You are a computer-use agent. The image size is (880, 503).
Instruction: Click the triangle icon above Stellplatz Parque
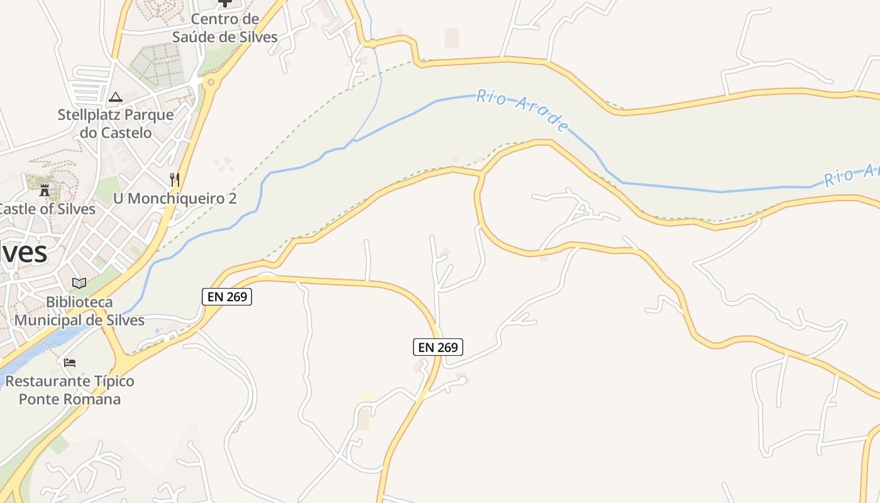pyautogui.click(x=115, y=97)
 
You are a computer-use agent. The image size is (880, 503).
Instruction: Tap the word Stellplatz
pyautogui.click(x=89, y=115)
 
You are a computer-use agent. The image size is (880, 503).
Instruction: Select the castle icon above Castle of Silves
pyautogui.click(x=45, y=190)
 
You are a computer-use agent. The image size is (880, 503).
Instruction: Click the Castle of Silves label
pyautogui.click(x=48, y=209)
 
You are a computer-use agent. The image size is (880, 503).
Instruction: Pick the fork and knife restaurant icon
pyautogui.click(x=175, y=180)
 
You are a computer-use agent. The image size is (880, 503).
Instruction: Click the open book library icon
pyautogui.click(x=79, y=284)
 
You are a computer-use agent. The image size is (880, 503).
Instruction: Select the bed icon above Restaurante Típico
pyautogui.click(x=70, y=363)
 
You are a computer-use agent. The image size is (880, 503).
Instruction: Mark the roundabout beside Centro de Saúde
pyautogui.click(x=211, y=81)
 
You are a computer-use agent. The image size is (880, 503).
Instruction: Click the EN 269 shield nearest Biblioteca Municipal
pyautogui.click(x=227, y=297)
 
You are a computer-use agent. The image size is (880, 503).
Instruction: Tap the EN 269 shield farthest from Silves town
pyautogui.click(x=438, y=346)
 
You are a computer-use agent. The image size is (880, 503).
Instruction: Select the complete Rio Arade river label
pyautogui.click(x=522, y=110)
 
